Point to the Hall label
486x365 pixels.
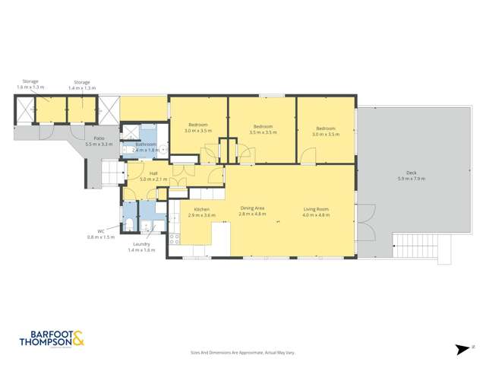(153, 173)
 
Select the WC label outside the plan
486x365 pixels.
(99, 232)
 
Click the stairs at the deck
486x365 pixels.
(413, 246)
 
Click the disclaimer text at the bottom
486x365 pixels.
(242, 353)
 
